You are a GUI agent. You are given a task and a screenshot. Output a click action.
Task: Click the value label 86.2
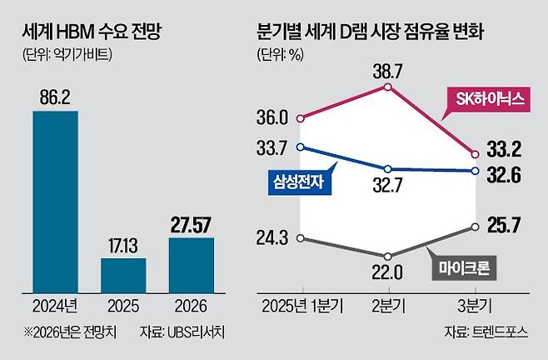(55, 97)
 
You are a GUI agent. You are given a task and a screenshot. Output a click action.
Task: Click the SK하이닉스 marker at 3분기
(475, 153)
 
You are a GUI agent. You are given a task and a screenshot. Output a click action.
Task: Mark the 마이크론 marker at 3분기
(475, 226)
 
